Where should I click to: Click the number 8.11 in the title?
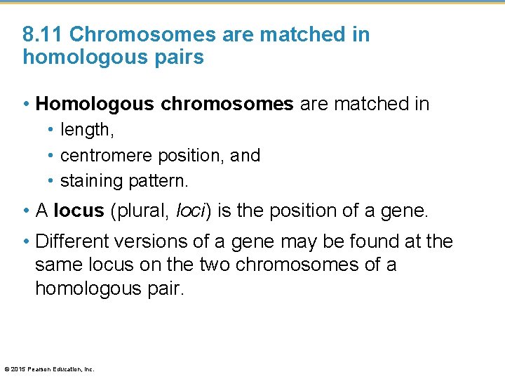point(43,34)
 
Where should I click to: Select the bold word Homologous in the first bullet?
point(95,105)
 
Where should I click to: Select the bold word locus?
point(79,211)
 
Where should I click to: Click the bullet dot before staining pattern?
point(52,181)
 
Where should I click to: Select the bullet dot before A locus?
point(27,211)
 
